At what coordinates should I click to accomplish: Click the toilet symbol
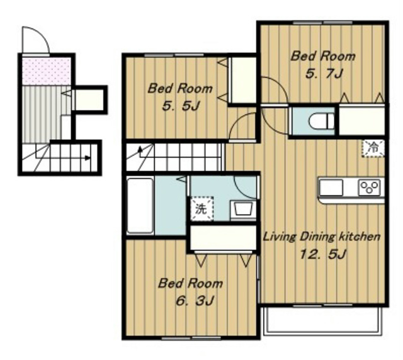pos(321,121)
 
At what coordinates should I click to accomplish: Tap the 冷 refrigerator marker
pos(373,149)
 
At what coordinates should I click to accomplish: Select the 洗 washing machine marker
pos(201,208)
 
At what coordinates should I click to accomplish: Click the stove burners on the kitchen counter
pos(370,188)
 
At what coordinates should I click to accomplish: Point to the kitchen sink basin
pos(331,188)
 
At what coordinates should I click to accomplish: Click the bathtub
pos(140,205)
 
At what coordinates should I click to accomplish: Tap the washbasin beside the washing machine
pos(243,209)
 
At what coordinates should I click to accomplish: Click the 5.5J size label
pos(181,106)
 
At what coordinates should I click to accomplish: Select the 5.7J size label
pos(324,74)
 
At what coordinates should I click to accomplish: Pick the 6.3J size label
pos(195,300)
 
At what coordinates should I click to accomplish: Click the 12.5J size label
pos(322,254)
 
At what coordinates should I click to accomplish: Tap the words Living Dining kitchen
pos(321,237)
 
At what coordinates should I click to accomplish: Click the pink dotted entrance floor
pos(46,71)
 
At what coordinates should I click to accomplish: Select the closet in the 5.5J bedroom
pos(242,80)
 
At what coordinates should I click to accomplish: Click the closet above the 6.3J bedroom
pos(223,237)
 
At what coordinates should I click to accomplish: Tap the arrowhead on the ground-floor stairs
pos(88,158)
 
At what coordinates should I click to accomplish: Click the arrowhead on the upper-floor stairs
pos(140,149)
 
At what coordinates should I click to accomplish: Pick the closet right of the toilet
pos(361,120)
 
